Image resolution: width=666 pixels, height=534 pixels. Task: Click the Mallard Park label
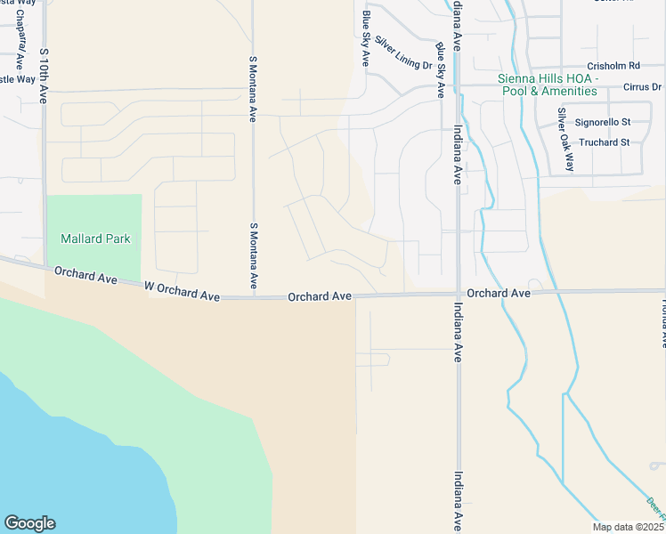95,239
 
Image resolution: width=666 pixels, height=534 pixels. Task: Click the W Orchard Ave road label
183,291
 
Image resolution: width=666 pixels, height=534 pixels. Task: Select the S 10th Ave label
43,77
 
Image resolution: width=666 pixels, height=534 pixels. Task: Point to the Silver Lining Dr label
402,53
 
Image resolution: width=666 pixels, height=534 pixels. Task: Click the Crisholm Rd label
613,66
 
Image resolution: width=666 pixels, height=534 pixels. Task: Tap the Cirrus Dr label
643,87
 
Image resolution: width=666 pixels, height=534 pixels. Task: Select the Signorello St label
603,122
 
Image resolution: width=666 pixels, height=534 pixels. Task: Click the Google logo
29,523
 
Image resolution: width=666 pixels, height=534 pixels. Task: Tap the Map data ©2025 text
628,527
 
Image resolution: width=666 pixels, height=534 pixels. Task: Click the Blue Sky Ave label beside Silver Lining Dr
365,39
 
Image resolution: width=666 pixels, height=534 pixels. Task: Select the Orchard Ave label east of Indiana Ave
499,293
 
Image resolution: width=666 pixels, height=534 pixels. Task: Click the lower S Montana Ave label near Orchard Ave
254,255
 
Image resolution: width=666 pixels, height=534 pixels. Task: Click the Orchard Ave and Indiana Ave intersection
458,294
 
